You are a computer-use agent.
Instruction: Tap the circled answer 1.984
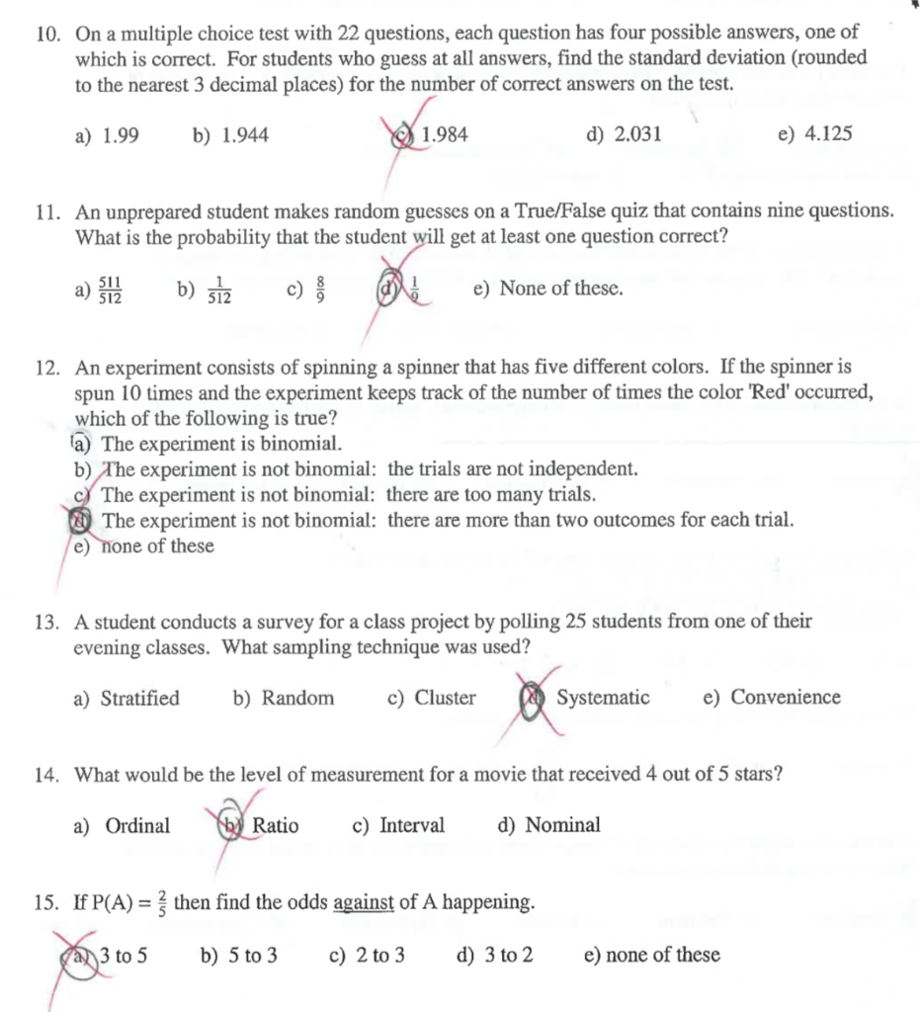[x=444, y=134]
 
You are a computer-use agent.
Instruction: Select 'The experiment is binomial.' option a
[x=222, y=444]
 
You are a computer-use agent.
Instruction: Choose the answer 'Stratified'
[x=140, y=699]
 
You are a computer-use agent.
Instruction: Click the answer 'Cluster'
[x=445, y=699]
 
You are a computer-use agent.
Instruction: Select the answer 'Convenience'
[x=786, y=699]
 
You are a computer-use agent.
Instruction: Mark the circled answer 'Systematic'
[x=603, y=699]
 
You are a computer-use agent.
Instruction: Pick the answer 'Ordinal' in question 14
[x=137, y=826]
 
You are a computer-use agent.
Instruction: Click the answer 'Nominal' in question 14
[x=562, y=826]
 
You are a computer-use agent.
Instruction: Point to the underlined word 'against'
[x=364, y=903]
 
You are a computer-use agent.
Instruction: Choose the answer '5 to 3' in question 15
[x=252, y=956]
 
